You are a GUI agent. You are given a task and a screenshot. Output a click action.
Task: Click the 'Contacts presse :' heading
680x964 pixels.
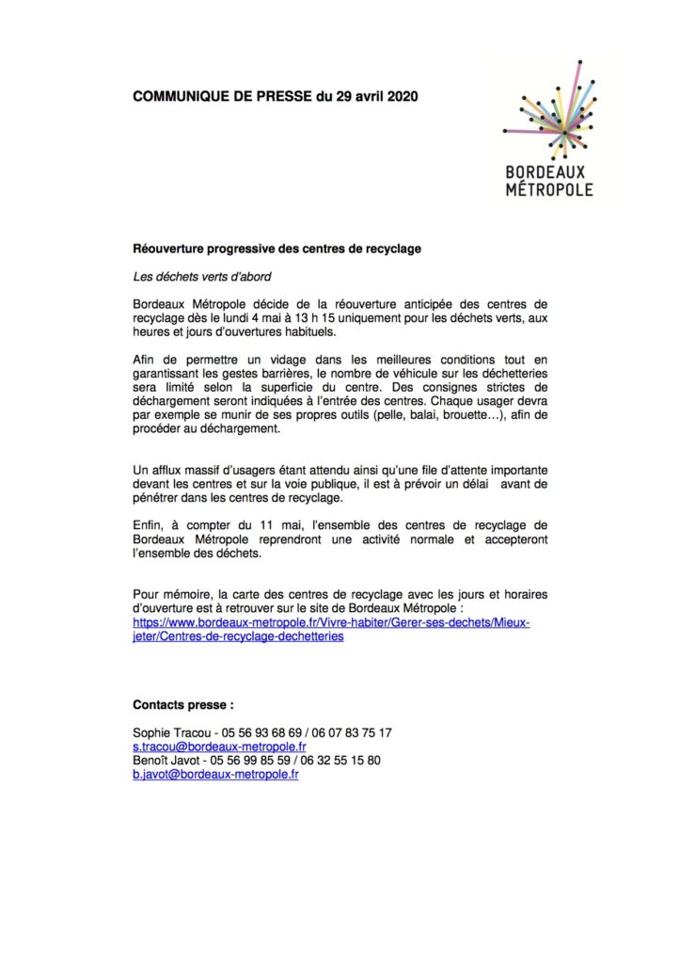183,704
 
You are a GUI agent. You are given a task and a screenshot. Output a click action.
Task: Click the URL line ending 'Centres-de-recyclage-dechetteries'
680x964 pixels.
238,636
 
